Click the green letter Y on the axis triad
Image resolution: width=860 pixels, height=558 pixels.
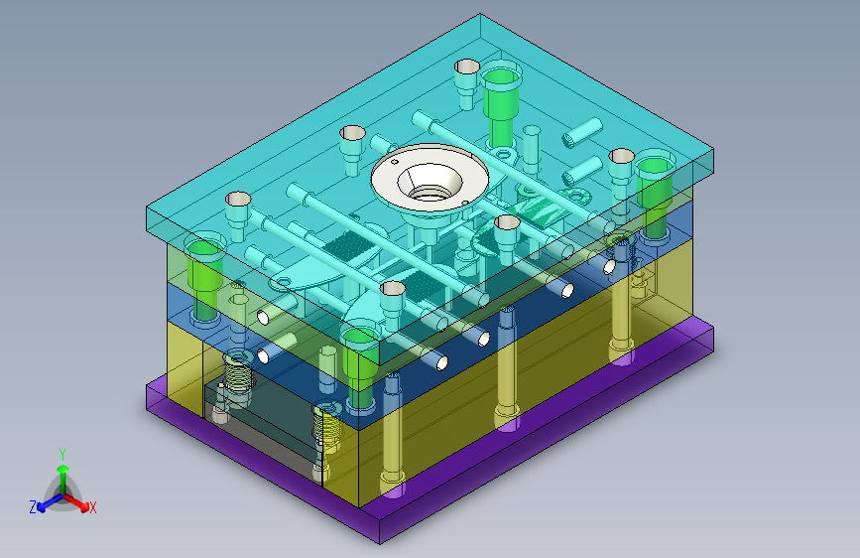(x=62, y=455)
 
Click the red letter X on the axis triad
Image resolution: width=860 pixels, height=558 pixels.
(x=92, y=508)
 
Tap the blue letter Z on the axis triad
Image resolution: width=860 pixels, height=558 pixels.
(x=33, y=507)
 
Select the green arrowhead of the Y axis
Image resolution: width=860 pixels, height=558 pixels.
(x=63, y=470)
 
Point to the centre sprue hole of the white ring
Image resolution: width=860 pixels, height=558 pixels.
(x=429, y=186)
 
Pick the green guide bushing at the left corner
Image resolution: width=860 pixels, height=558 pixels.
(x=204, y=277)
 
